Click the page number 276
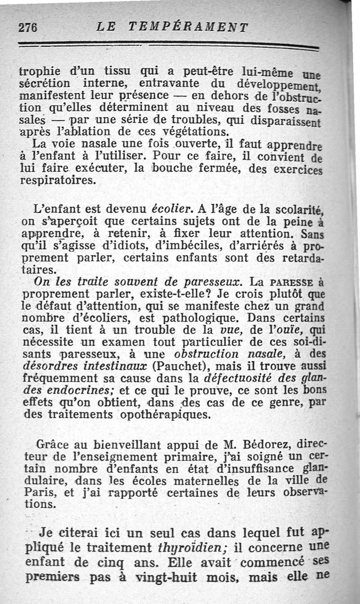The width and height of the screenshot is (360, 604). pos(27,27)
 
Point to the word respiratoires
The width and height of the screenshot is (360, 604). pos(58,181)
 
